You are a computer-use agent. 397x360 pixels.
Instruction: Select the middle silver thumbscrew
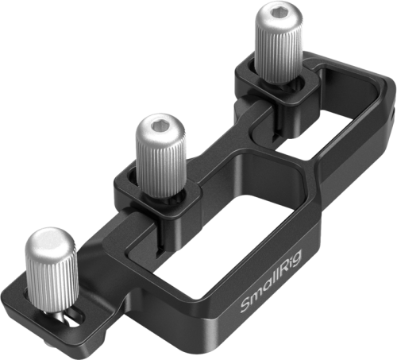pyautogui.click(x=160, y=156)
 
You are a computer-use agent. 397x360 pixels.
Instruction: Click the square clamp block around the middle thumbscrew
pyautogui.click(x=156, y=196)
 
